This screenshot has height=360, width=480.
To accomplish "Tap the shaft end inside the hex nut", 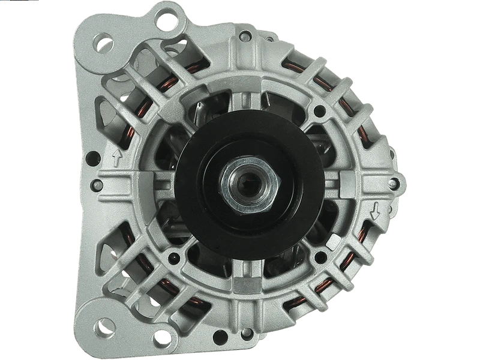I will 246,183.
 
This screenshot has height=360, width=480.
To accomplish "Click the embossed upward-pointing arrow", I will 117,158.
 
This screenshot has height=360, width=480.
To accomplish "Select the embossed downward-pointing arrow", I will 376,211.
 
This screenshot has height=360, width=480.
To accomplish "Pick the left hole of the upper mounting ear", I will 103,43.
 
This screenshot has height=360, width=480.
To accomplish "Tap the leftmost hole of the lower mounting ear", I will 105,326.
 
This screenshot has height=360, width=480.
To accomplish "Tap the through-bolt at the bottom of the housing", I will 245,332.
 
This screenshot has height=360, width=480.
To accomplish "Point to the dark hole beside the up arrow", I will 93,158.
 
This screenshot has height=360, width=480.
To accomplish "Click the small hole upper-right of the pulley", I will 320,111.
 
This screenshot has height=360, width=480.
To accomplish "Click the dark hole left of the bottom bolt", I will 221,337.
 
